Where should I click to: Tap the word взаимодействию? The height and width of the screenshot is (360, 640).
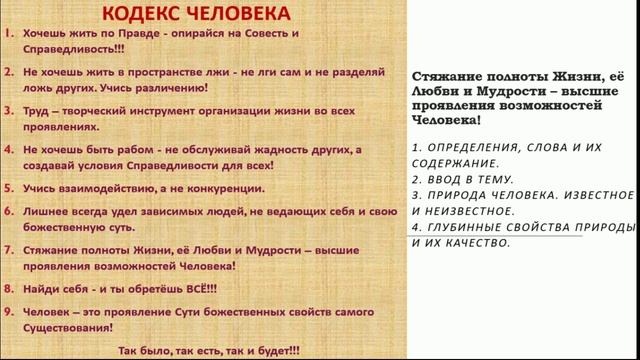pyautogui.click(x=112, y=187)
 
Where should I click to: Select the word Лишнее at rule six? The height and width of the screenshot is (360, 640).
pyautogui.click(x=50, y=212)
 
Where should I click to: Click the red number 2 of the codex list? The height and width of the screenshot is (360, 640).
pyautogui.click(x=8, y=72)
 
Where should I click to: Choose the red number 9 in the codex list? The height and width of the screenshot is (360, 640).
pyautogui.click(x=8, y=311)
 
